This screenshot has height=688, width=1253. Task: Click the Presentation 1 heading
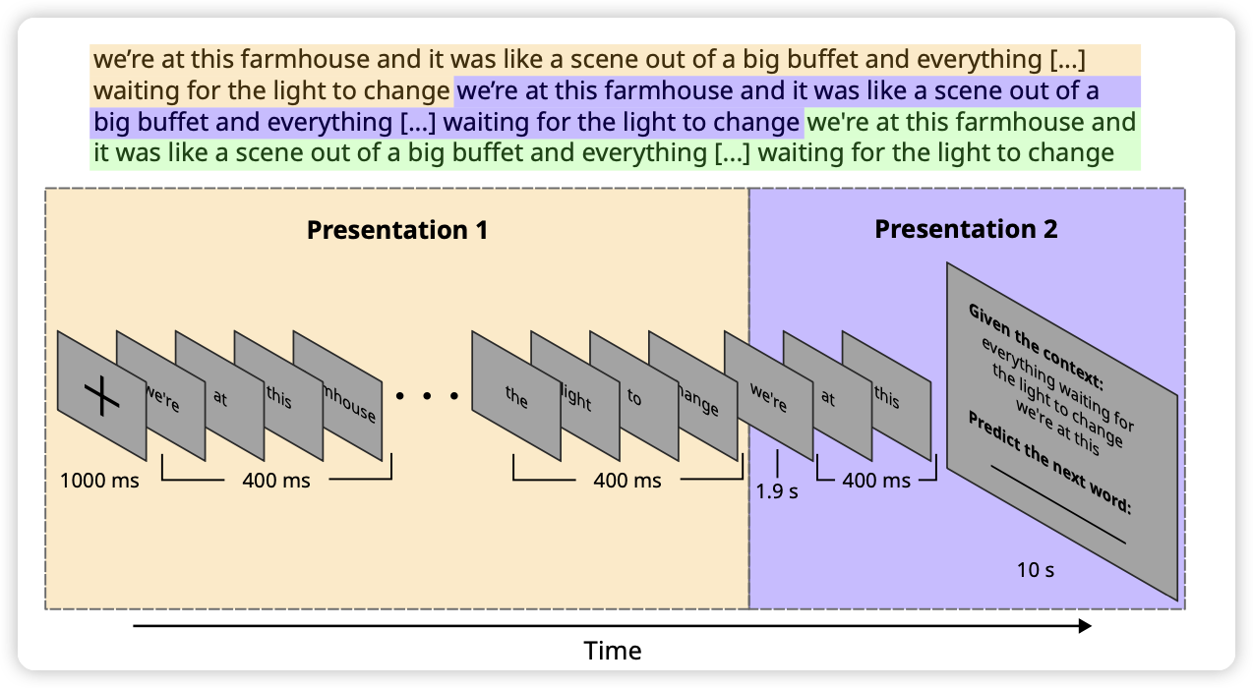397,230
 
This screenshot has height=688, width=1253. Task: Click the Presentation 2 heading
966,229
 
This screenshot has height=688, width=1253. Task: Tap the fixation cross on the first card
101,396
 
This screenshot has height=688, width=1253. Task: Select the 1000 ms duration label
99,480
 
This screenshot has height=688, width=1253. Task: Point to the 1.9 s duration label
777,491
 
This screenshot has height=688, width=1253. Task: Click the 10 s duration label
1036,569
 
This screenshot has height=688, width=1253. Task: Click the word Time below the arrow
613,651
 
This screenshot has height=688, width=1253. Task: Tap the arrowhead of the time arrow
1085,626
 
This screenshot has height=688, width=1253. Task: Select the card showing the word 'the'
515,396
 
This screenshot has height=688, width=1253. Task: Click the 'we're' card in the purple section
768,396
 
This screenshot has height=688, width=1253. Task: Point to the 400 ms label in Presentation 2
876,480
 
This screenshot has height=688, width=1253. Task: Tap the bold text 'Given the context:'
1036,347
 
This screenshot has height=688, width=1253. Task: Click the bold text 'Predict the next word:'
1049,462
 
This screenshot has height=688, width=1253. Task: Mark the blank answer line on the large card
1058,504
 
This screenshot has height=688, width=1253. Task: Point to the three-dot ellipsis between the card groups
427,396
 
